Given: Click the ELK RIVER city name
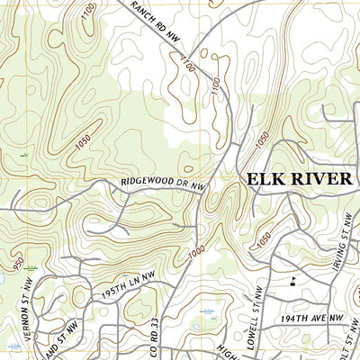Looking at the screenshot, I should [x=300, y=179].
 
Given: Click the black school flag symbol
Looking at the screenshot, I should [x=292, y=280].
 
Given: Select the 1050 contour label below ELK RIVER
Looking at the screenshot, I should [x=264, y=239].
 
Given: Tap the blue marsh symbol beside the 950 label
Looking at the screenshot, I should [x=32, y=267].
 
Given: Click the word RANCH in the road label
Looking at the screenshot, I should [x=145, y=8].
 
